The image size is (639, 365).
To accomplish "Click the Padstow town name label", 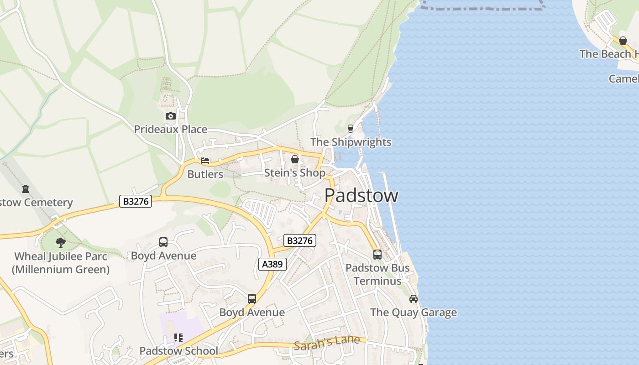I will pyautogui.click(x=361, y=195).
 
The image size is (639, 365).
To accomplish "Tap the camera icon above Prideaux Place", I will pyautogui.click(x=170, y=116).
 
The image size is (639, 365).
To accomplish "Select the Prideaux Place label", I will pyautogui.click(x=170, y=129).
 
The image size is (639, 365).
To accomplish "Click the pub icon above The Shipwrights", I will pyautogui.click(x=351, y=129).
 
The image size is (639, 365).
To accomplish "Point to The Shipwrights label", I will pyautogui.click(x=351, y=142).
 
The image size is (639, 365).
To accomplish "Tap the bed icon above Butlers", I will pyautogui.click(x=205, y=161).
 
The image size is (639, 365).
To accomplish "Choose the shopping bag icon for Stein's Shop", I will pyautogui.click(x=295, y=159).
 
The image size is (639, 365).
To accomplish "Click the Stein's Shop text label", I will pyautogui.click(x=295, y=173).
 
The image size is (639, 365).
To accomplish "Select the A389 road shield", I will pyautogui.click(x=272, y=264).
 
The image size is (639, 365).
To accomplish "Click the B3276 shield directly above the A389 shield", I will pyautogui.click(x=299, y=240).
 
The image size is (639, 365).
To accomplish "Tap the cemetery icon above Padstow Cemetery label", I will pyautogui.click(x=26, y=188).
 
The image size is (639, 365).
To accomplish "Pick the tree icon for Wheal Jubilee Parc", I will pyautogui.click(x=61, y=242).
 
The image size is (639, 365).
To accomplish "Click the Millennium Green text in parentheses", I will pyautogui.click(x=61, y=270).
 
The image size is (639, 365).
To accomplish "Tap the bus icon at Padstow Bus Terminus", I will pyautogui.click(x=377, y=254).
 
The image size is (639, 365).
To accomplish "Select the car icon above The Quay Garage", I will pyautogui.click(x=413, y=299).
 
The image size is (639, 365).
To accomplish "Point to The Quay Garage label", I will pyautogui.click(x=413, y=313).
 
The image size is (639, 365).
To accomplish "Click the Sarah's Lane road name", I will pyautogui.click(x=326, y=344).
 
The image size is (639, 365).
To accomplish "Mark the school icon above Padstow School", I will pyautogui.click(x=178, y=338).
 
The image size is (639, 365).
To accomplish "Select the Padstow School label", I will pyautogui.click(x=178, y=351).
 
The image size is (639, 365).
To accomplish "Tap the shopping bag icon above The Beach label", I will pyautogui.click(x=623, y=41).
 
